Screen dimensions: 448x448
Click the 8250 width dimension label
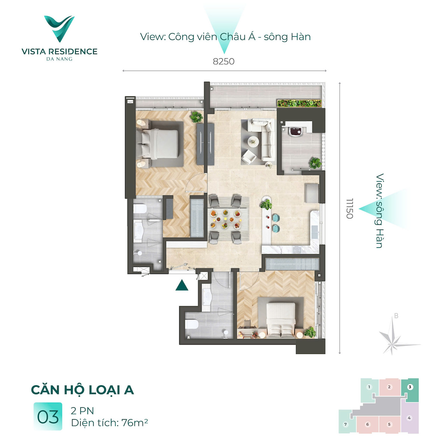[223, 61]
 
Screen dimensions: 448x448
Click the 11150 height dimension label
[349, 209]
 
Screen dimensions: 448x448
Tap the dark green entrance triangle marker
[182, 285]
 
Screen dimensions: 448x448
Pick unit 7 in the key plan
[346, 424]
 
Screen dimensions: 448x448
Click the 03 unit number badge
[48, 417]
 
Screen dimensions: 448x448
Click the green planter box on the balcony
[299, 103]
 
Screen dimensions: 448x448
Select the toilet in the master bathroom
[140, 208]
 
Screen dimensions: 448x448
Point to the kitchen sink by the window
[315, 228]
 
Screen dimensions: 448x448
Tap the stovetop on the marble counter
[297, 250]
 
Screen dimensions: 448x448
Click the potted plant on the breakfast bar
[266, 205]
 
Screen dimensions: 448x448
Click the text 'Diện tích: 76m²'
[109, 423]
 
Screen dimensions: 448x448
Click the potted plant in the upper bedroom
[196, 117]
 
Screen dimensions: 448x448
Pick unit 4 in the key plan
[410, 418]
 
